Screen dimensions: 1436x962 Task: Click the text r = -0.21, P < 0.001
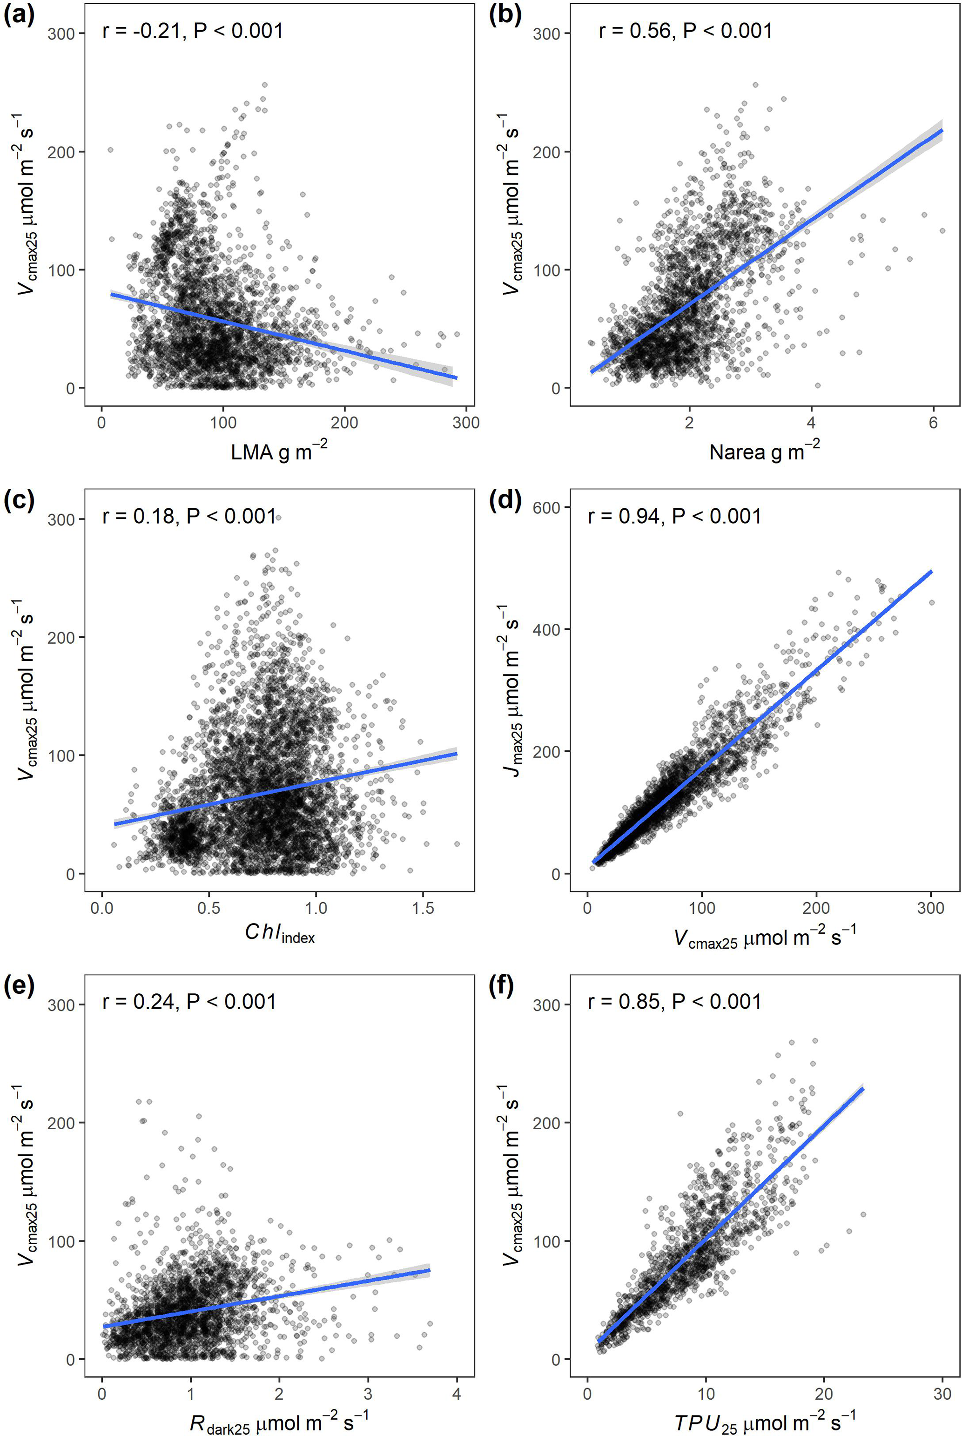193,31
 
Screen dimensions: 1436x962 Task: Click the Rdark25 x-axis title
279,1419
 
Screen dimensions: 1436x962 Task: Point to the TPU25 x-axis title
765,1419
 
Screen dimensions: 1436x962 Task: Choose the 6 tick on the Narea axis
933,423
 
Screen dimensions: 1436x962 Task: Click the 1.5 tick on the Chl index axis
422,908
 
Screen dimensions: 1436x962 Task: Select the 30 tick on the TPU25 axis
942,1394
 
